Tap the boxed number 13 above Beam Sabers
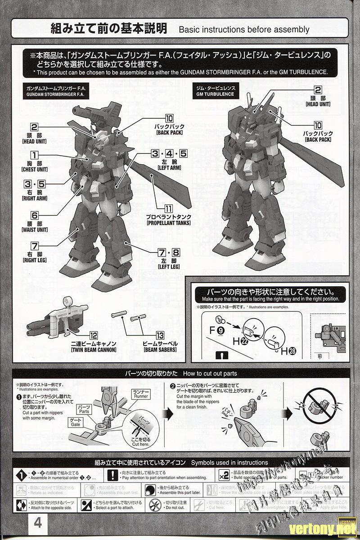160,335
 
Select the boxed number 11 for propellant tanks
168,209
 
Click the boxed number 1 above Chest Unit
35,156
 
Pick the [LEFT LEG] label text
169,267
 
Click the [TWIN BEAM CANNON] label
94,350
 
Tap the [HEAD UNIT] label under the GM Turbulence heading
318,104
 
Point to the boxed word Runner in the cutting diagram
140,394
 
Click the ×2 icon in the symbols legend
224,474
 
